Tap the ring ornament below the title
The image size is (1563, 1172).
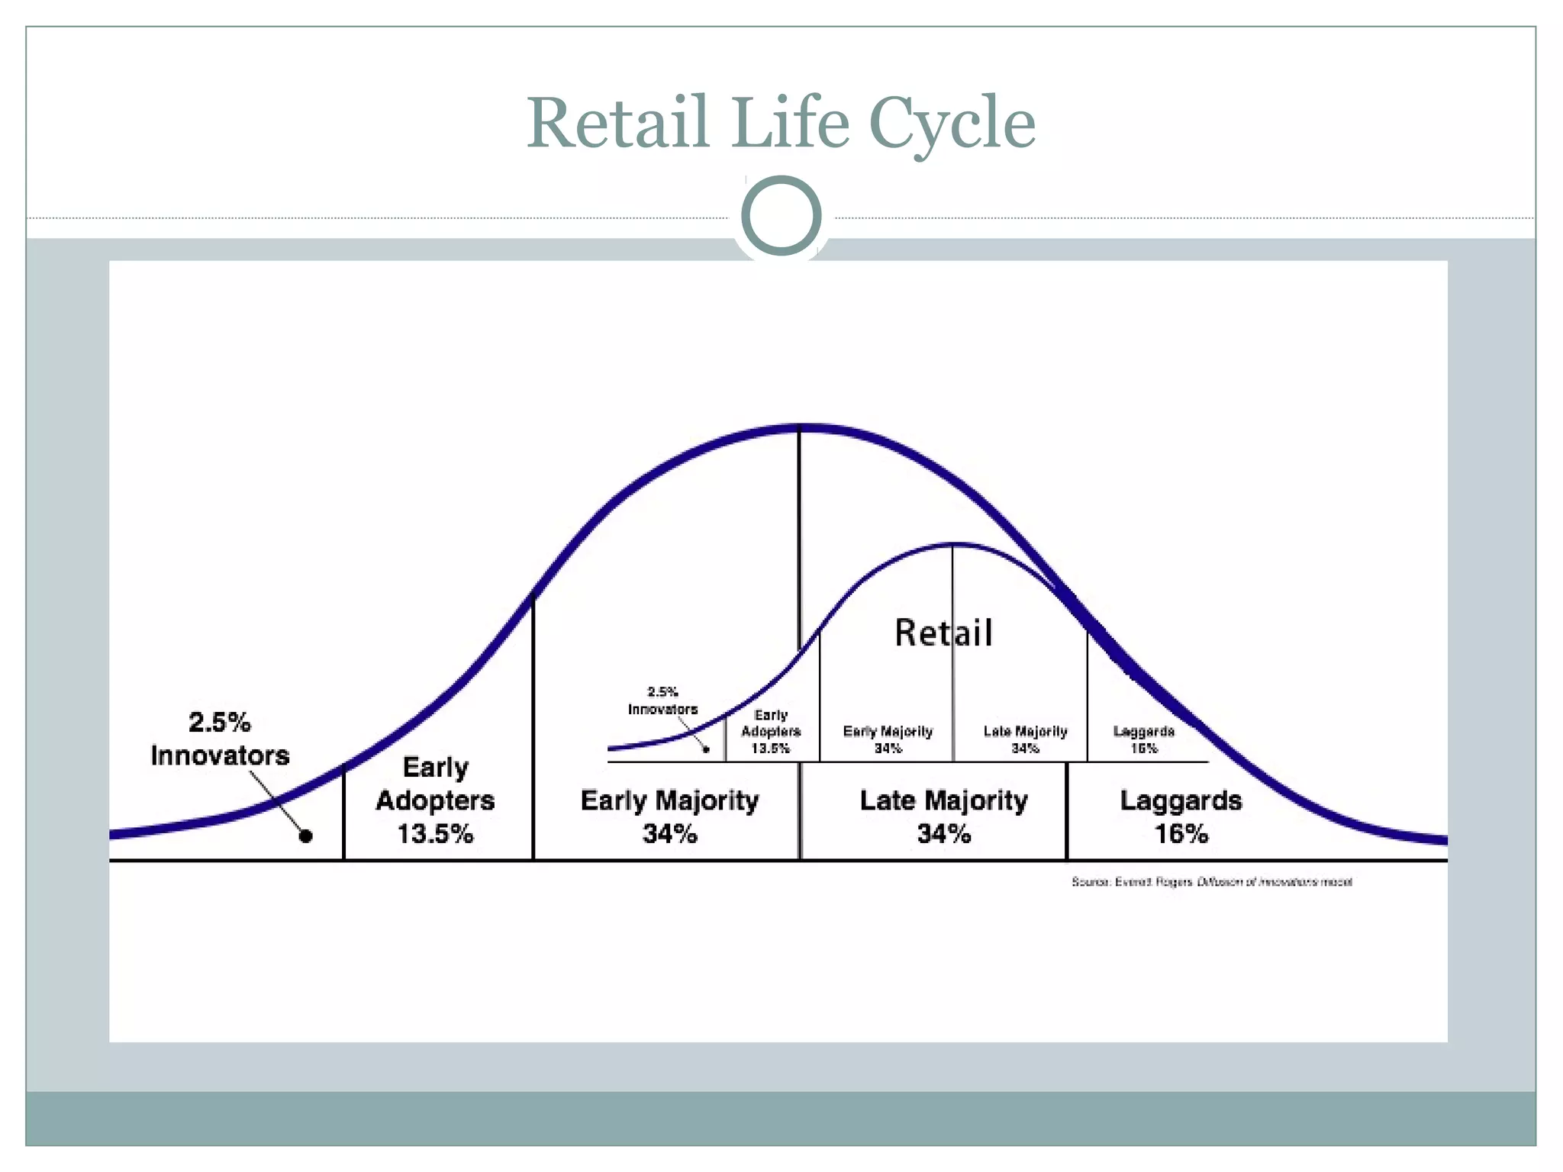tap(781, 215)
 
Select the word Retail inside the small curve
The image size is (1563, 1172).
tap(943, 633)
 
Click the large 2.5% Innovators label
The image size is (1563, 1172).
tap(220, 739)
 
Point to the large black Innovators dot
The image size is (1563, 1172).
tap(305, 836)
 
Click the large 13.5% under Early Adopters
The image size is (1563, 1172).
tap(435, 833)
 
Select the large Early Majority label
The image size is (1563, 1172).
tap(669, 800)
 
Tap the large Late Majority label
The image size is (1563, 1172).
tap(943, 800)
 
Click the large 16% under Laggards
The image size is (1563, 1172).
tap(1181, 833)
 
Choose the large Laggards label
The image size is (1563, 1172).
tap(1181, 800)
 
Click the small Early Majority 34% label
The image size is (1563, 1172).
tap(888, 739)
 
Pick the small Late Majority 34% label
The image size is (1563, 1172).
tap(1025, 739)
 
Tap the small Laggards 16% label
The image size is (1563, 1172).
tap(1143, 739)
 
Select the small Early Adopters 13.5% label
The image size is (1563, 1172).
tap(771, 732)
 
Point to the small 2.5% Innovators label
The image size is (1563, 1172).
tap(662, 700)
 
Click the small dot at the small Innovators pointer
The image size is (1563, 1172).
tap(706, 749)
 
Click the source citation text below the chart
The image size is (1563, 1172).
tap(1211, 882)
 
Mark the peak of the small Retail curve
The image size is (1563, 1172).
tap(954, 545)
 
